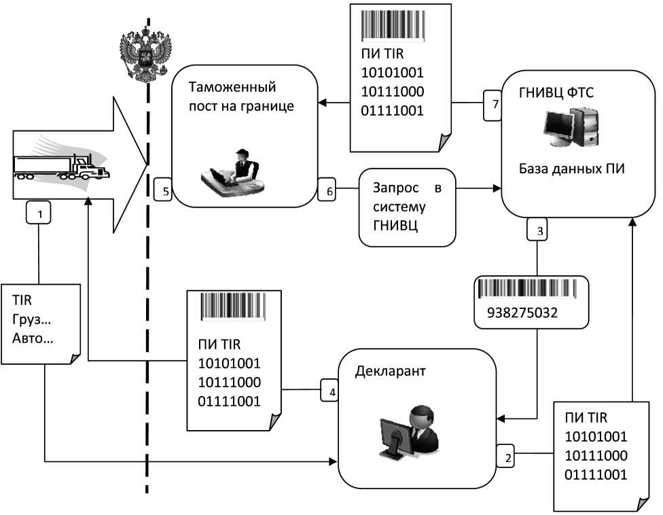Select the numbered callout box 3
(539, 231)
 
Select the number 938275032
(522, 313)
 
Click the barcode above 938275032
(528, 290)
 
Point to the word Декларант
(385, 371)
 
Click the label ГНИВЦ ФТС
(556, 92)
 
